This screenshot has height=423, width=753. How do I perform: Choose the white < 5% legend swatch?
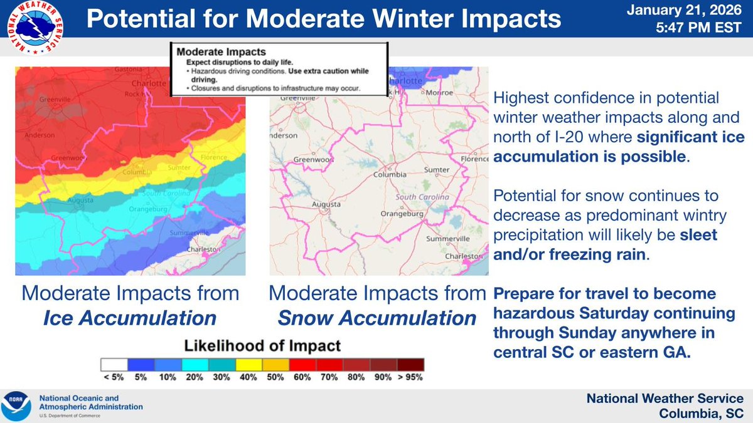(x=114, y=363)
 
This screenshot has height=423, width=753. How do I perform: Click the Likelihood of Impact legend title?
(x=262, y=345)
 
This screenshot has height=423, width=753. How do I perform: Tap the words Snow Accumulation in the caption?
(x=376, y=318)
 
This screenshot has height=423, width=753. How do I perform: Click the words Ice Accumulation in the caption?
(x=129, y=318)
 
